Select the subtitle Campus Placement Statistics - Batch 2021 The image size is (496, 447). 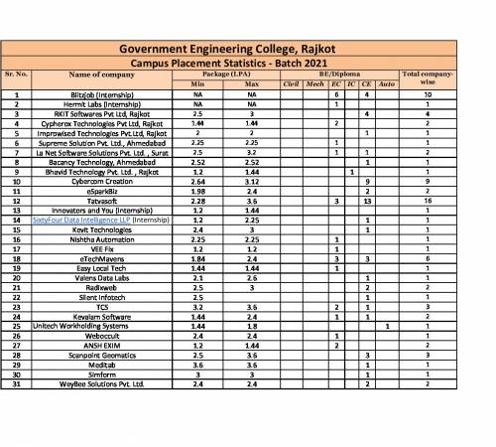pyautogui.click(x=247, y=62)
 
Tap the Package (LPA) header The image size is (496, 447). pyautogui.click(x=211, y=74)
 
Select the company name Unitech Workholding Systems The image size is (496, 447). pyautogui.click(x=81, y=326)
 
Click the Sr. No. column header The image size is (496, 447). pyautogui.click(x=18, y=74)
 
